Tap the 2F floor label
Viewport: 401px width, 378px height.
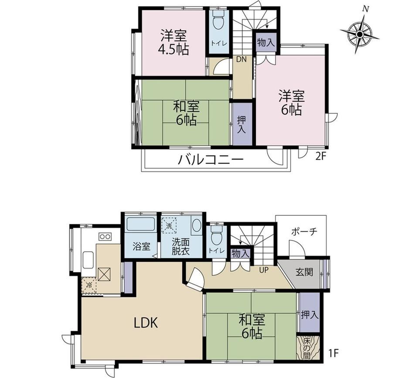coord(321,156)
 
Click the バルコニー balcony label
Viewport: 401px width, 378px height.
coord(211,160)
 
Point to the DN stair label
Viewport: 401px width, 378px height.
coord(241,60)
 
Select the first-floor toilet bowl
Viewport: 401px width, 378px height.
coord(216,235)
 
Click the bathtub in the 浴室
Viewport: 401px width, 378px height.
coord(141,225)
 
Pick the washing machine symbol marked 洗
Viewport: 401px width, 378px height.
coord(169,225)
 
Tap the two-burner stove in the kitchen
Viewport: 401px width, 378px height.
coord(105,237)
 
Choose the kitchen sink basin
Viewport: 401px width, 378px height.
coord(88,259)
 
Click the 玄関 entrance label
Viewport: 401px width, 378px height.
coord(304,272)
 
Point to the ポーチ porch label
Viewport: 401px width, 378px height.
coord(304,232)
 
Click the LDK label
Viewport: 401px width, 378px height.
coord(146,323)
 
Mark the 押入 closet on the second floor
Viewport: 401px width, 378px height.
coord(241,124)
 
